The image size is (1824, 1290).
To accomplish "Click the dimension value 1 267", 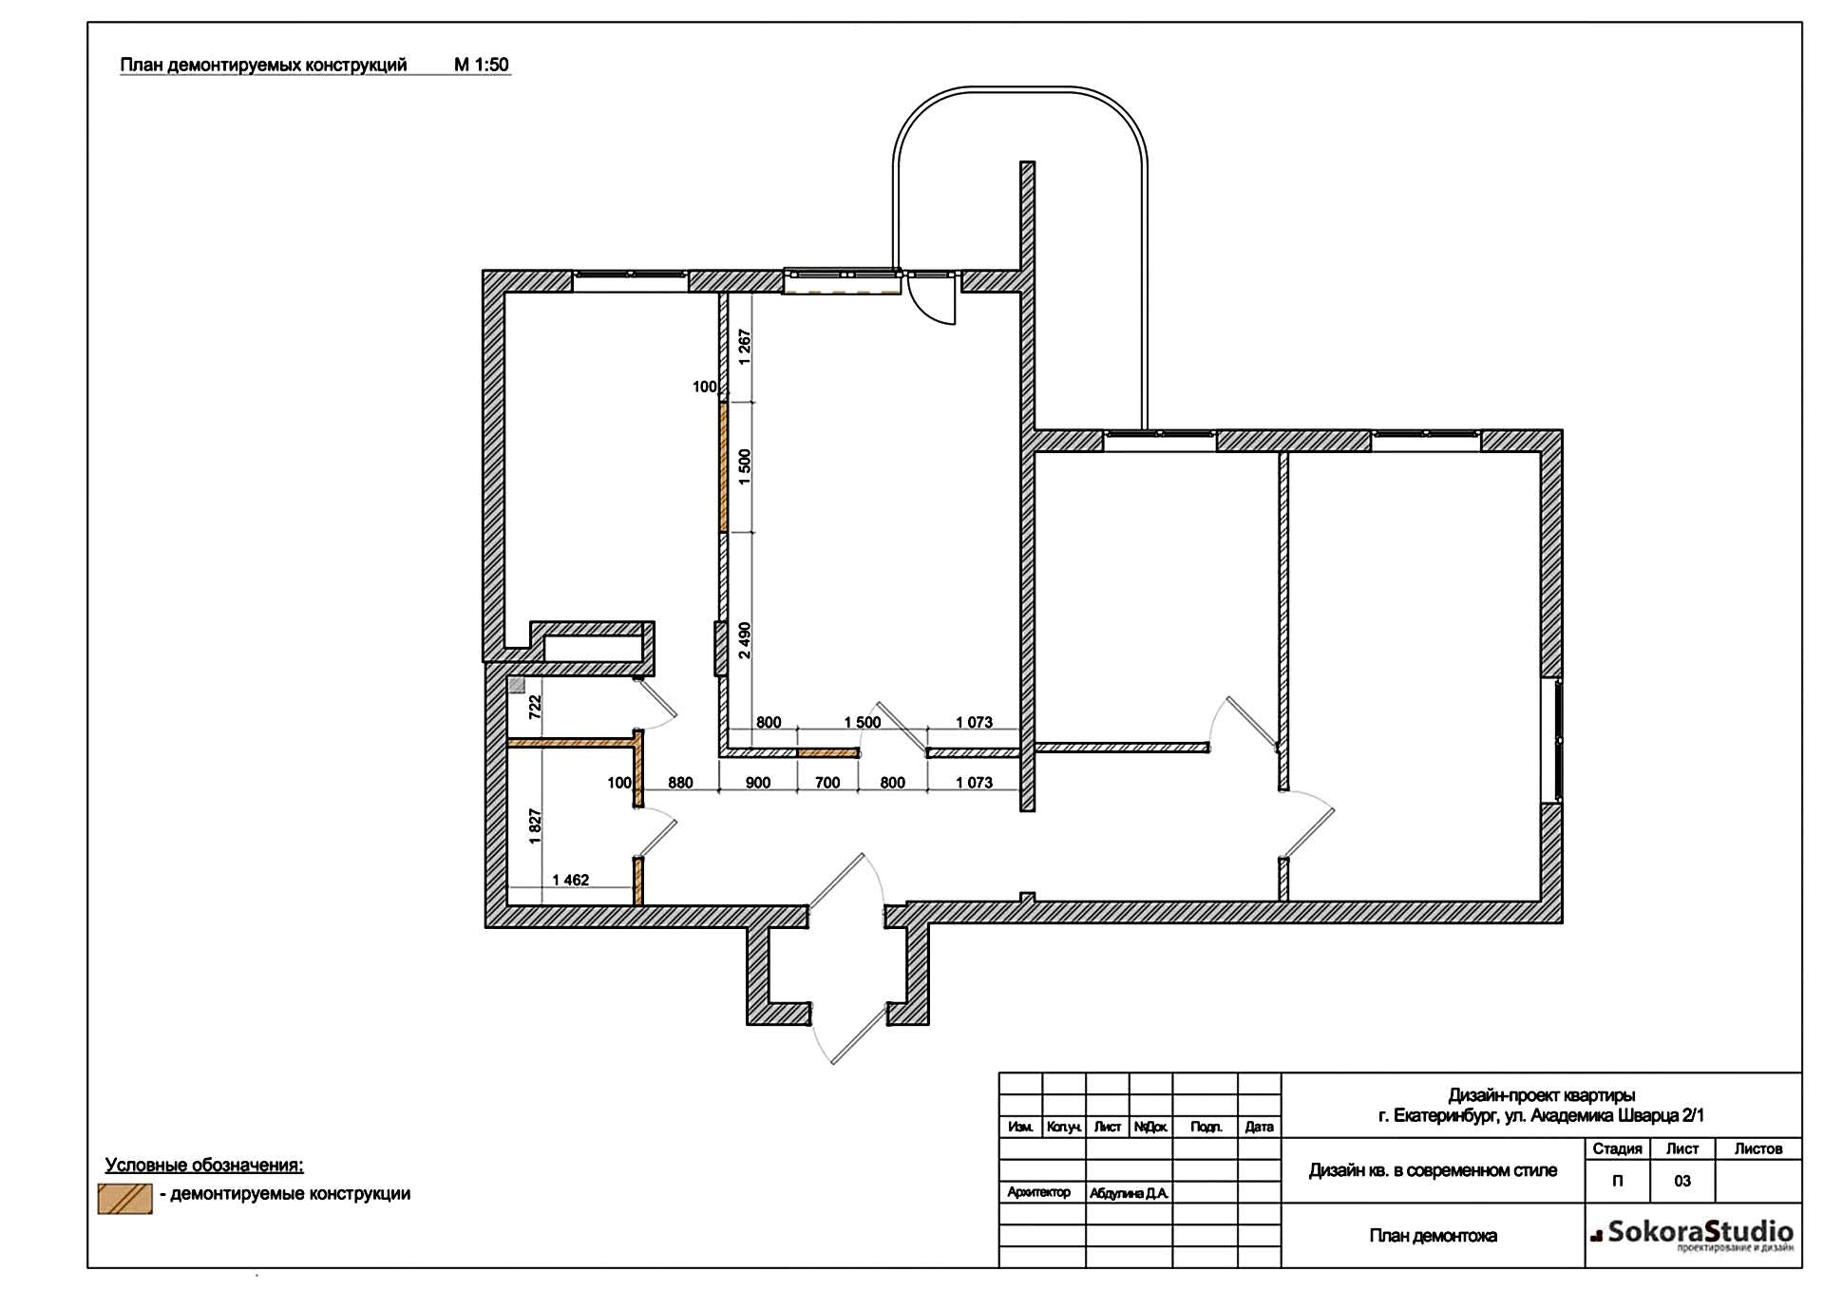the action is point(745,348).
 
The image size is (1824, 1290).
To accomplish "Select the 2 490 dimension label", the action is point(745,641).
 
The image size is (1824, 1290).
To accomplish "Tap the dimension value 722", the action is point(535,707).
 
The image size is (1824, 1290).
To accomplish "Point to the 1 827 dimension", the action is point(535,826).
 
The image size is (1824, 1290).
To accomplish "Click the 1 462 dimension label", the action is point(571,881).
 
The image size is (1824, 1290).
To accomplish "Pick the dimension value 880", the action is point(680,784).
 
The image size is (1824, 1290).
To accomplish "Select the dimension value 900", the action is point(758,784).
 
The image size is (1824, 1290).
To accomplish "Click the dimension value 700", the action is point(827,784).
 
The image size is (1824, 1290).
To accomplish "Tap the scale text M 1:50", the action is point(482,65).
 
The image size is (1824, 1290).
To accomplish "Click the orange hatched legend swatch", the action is point(125,1199).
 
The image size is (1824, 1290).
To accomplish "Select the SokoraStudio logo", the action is point(1693,1236).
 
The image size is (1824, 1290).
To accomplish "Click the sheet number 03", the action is point(1682,1182).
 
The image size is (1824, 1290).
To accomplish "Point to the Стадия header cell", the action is point(1618,1149).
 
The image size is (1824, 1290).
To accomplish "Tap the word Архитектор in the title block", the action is point(1039,1192).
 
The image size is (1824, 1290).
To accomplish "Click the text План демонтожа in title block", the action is point(1433,1236).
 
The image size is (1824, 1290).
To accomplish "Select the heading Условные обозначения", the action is point(204,1166).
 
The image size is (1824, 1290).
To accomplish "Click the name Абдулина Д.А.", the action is point(1130,1193).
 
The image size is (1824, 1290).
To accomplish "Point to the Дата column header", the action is point(1260,1128).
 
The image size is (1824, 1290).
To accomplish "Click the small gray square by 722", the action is point(517,684).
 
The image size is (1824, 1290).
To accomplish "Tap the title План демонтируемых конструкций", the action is point(263,65).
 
